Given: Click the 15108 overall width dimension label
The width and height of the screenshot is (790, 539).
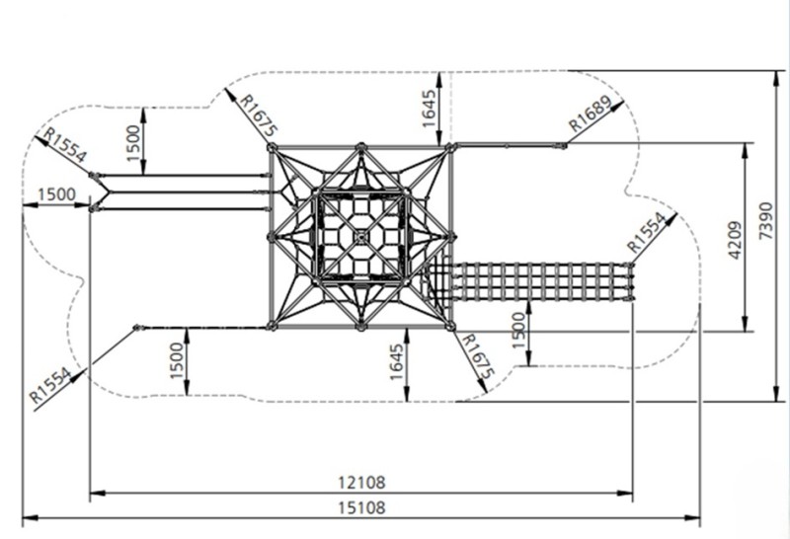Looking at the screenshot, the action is (361, 507).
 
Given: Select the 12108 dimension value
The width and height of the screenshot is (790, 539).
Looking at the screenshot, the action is (361, 483).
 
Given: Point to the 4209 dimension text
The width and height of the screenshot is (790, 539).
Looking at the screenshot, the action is (735, 240).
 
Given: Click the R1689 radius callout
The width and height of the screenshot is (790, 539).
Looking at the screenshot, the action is (590, 113).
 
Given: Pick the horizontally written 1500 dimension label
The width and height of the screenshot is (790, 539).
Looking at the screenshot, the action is (57, 193).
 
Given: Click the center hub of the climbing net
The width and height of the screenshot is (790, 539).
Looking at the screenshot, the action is (360, 237).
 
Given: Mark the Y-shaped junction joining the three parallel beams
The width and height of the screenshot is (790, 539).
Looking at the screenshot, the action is (108, 192).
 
